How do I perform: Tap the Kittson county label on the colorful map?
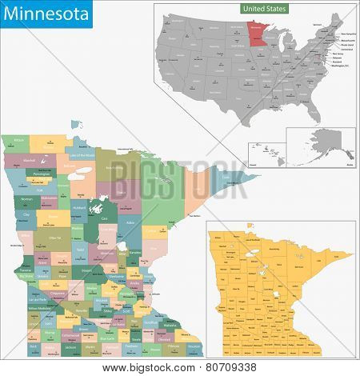click(18, 141)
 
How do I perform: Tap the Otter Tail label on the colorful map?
click(54, 238)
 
